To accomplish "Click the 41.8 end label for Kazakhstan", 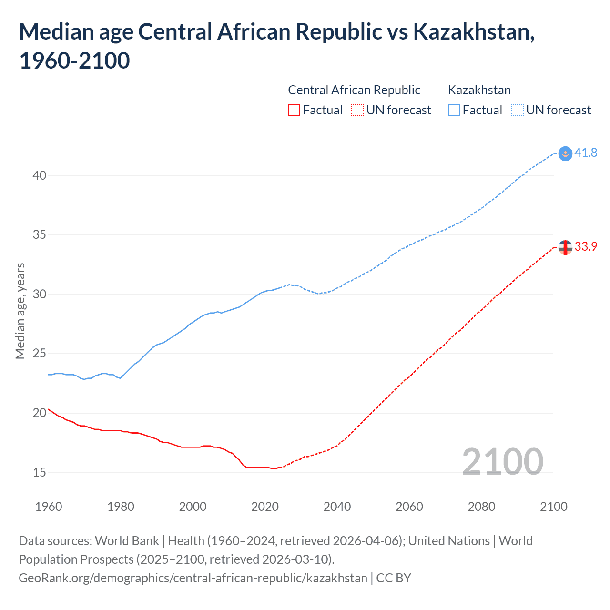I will pyautogui.click(x=586, y=152).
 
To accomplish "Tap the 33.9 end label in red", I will pyautogui.click(x=586, y=246).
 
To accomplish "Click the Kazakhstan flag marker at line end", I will pyautogui.click(x=565, y=153).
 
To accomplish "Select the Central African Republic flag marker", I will pyautogui.click(x=565, y=247).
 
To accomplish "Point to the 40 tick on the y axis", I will pyautogui.click(x=40, y=175).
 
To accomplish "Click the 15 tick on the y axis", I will pyautogui.click(x=40, y=472).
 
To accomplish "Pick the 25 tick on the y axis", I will pyautogui.click(x=40, y=354).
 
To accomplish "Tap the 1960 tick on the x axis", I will pyautogui.click(x=49, y=507).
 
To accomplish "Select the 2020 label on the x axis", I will pyautogui.click(x=265, y=507).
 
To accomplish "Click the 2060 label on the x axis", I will pyautogui.click(x=409, y=507).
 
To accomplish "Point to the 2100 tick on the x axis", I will pyautogui.click(x=554, y=507).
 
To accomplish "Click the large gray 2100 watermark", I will pyautogui.click(x=502, y=462).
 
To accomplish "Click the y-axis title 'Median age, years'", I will pyautogui.click(x=20, y=311).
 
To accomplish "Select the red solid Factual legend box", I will pyautogui.click(x=294, y=110).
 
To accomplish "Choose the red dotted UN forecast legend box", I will pyautogui.click(x=357, y=110).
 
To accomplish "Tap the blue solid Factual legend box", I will pyautogui.click(x=454, y=110).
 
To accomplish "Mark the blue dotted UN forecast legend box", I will pyautogui.click(x=518, y=110).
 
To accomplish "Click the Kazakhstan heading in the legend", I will pyautogui.click(x=479, y=90).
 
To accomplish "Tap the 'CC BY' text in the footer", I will pyautogui.click(x=394, y=578).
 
